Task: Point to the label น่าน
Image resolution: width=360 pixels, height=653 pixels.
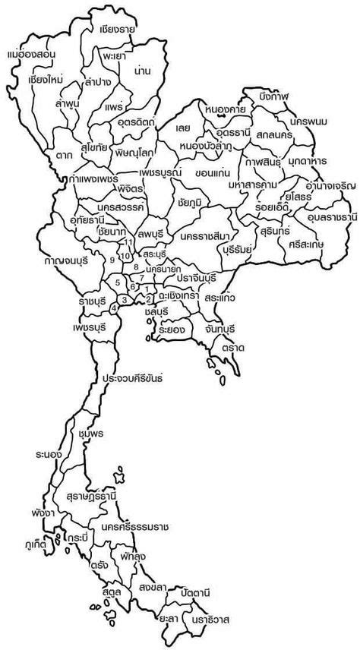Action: pos(140,70)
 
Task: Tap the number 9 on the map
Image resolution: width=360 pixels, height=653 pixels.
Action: pos(112,260)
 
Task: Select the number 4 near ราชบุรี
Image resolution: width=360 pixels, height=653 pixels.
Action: pos(114,308)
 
